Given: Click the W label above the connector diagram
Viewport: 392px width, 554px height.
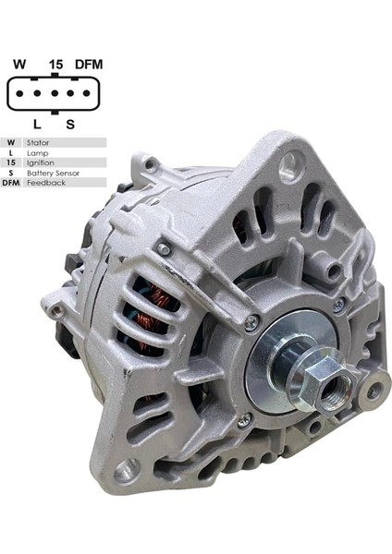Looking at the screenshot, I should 18,65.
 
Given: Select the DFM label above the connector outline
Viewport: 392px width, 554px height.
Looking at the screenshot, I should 89,65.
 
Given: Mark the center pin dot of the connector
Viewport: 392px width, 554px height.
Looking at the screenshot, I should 53,94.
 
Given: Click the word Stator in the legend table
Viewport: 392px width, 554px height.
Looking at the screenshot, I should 39,143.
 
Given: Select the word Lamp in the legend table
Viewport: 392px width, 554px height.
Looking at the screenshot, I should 37,153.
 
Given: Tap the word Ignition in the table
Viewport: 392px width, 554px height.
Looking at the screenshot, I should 40,163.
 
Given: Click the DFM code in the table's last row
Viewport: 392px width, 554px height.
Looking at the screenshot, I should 11,183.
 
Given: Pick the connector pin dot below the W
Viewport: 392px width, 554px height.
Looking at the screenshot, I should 21,94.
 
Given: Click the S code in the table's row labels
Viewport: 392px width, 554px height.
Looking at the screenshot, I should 11,173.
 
